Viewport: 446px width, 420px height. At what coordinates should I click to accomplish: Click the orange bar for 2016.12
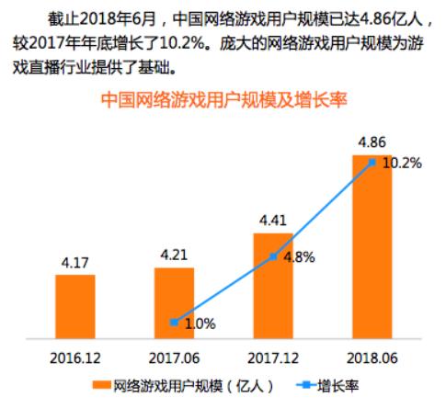[x=74, y=307]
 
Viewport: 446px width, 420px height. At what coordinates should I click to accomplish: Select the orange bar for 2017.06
[x=174, y=303]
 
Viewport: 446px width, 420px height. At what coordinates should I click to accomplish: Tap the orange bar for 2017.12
[x=273, y=286]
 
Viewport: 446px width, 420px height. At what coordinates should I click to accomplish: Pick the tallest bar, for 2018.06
[x=372, y=247]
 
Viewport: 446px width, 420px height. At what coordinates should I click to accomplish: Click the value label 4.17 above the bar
[x=74, y=263]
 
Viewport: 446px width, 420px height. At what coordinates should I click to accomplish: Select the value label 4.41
[x=273, y=221]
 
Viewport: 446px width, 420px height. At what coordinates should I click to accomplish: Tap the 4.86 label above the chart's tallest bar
[x=372, y=142]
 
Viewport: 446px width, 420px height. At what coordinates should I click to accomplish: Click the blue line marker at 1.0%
[x=174, y=322]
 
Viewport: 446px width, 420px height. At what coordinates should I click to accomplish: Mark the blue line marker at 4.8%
[x=273, y=257]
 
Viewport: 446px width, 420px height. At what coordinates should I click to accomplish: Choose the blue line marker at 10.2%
[x=372, y=163]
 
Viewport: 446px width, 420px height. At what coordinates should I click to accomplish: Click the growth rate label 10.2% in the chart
[x=402, y=164]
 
